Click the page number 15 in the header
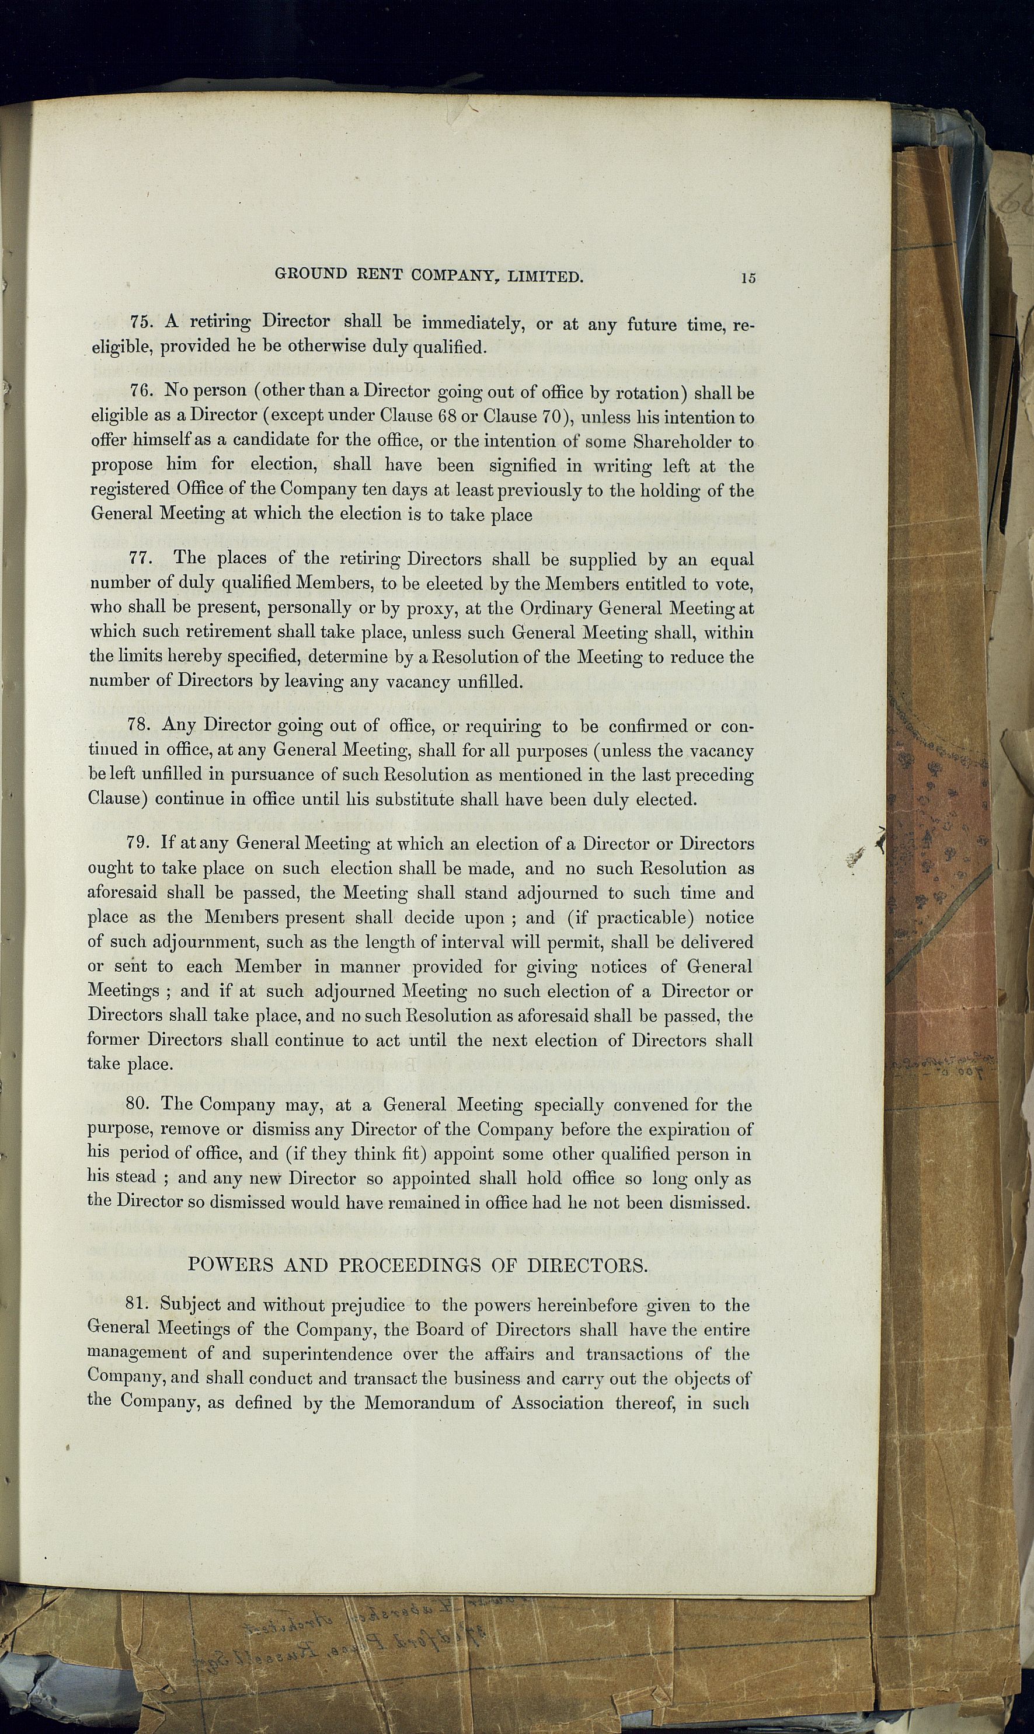click(748, 278)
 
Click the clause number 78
click(140, 725)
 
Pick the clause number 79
click(138, 843)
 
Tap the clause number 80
click(138, 1104)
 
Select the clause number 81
click(138, 1304)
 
